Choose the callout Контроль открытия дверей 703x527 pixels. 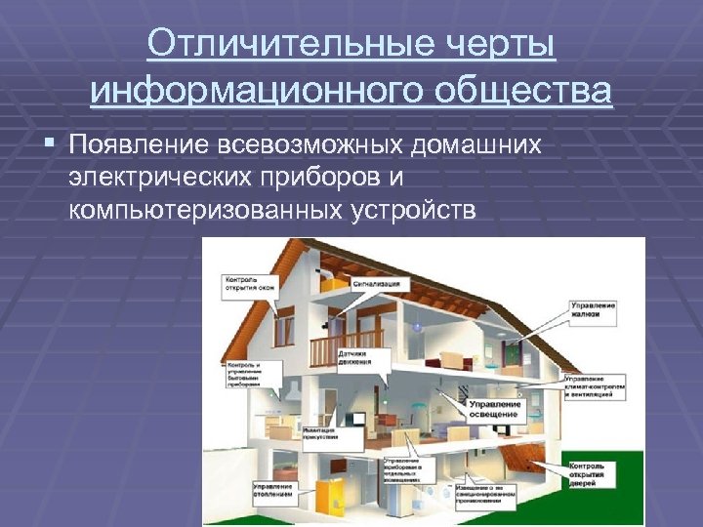click(592, 475)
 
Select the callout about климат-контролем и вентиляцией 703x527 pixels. click(600, 386)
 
